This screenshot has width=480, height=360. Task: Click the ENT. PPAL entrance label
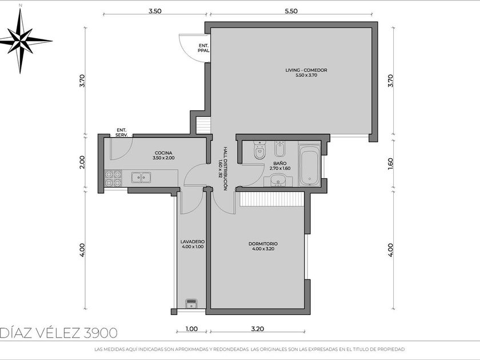[x=203, y=48]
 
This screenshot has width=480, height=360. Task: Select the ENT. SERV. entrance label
[x=122, y=132]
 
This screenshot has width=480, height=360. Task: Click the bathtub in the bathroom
[x=309, y=165]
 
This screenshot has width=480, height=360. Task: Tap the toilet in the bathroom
[x=259, y=150]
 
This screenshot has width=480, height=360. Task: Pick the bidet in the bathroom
[x=279, y=149]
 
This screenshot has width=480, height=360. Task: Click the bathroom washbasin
[x=278, y=179]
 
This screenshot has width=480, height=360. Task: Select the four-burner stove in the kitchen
[x=113, y=178]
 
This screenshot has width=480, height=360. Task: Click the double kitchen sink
[x=141, y=178]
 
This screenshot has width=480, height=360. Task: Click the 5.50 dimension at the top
[x=291, y=11]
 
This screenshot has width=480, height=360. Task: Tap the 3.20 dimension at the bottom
[x=258, y=329]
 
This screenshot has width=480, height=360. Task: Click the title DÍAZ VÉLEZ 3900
[x=59, y=333]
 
